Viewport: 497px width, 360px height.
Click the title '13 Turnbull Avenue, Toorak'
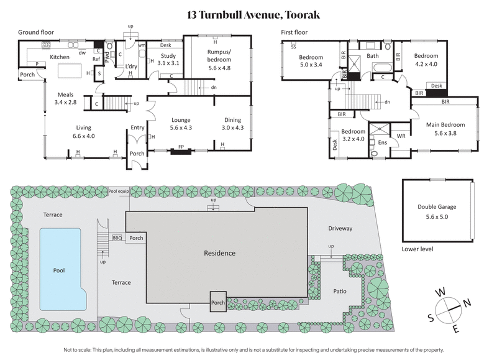tap(248, 14)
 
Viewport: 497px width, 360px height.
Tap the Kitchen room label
tap(60, 57)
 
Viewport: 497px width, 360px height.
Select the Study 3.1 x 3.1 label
tap(168, 60)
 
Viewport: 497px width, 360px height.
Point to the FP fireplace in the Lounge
tap(181, 147)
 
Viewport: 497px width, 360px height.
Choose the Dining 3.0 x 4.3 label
tap(234, 124)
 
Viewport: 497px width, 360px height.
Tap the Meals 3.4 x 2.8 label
tap(65, 98)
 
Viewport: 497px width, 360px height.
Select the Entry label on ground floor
tap(137, 128)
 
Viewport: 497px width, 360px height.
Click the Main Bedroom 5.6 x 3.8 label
tap(445, 128)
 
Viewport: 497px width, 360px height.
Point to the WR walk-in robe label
tap(401, 135)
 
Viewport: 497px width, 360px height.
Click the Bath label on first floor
tap(373, 56)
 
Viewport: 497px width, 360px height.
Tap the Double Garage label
tap(437, 210)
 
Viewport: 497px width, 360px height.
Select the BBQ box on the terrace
tap(117, 238)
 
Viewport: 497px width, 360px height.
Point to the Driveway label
tap(340, 228)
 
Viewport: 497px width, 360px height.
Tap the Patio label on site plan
tap(339, 291)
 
